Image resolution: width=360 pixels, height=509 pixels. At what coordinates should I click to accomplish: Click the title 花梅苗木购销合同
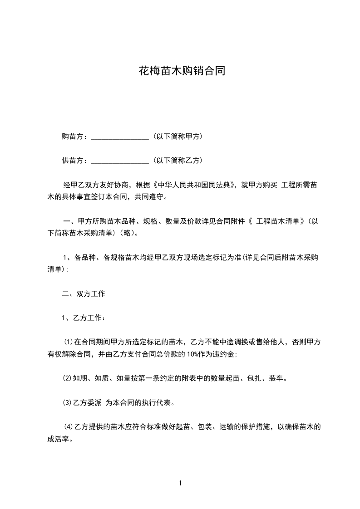tap(182, 71)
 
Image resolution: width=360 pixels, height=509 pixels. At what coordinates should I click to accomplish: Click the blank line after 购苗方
tap(120, 137)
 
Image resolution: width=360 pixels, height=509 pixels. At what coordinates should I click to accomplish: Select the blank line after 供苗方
tap(120, 161)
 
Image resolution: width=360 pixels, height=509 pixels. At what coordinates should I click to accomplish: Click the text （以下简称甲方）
tap(178, 137)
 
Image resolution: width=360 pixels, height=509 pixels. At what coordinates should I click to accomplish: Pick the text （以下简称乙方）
tap(178, 161)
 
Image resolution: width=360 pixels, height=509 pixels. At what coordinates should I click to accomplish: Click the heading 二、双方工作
tap(84, 294)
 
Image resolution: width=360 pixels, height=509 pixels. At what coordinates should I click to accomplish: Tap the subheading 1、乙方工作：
tap(84, 318)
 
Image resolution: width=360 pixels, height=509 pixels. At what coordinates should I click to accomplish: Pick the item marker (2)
tap(67, 378)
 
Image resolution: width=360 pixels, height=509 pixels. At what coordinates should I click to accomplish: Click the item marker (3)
tap(67, 402)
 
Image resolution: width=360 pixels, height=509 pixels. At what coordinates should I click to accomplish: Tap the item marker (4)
tap(69, 427)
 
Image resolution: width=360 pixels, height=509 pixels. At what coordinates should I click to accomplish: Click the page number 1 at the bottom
tap(180, 483)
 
